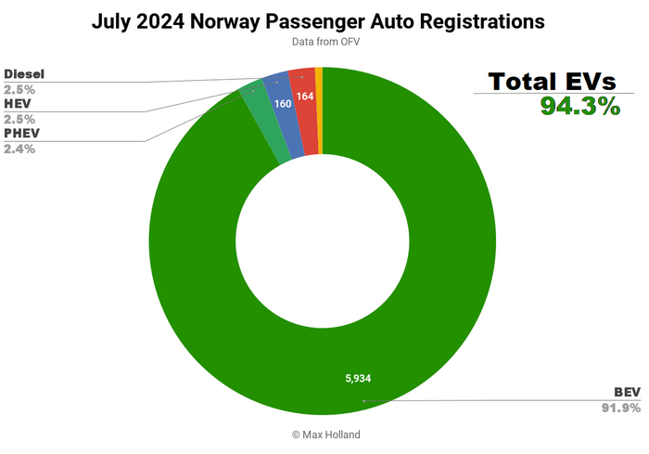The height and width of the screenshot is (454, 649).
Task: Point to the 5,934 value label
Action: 360,378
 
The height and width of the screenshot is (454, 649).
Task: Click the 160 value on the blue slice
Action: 283,104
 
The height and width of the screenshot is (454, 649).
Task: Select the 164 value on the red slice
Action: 304,96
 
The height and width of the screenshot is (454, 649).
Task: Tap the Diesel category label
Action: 24,73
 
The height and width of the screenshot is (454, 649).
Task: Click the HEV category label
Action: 19,105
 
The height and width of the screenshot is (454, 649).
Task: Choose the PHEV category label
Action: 22,133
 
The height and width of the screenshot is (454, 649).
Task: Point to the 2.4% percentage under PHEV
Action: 19,149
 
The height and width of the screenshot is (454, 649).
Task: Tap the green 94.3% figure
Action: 579,107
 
